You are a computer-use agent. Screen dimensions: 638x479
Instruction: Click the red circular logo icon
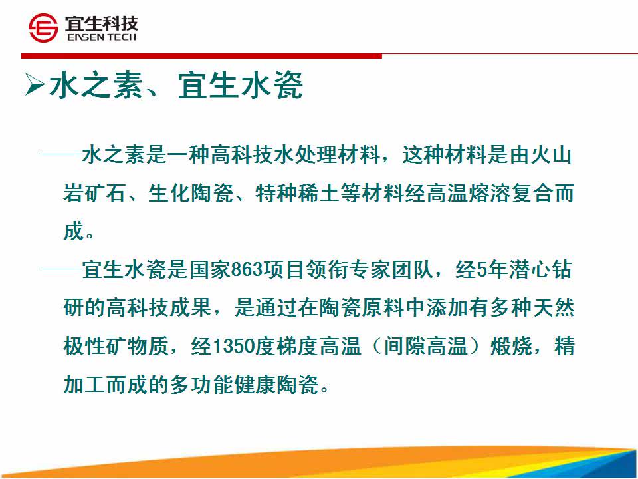click(43, 28)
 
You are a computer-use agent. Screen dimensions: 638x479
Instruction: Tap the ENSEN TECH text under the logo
click(102, 37)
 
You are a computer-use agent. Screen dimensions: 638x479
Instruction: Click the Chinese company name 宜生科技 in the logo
click(102, 23)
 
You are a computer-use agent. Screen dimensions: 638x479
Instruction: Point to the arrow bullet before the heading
click(35, 84)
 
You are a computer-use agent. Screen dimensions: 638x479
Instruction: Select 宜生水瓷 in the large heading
click(241, 85)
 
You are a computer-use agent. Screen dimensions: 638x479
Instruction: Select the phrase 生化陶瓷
click(191, 194)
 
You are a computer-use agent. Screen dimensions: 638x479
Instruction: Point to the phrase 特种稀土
click(298, 194)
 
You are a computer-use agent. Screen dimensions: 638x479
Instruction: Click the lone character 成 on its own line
click(74, 232)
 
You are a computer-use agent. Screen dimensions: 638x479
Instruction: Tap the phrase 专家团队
click(392, 270)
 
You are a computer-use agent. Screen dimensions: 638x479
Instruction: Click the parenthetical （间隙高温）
click(425, 347)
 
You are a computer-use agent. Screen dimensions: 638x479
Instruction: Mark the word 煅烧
click(512, 347)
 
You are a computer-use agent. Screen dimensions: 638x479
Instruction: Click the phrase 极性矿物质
click(116, 347)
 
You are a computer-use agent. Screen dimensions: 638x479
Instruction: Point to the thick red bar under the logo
click(202, 56)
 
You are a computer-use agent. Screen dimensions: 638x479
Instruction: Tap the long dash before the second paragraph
click(60, 268)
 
